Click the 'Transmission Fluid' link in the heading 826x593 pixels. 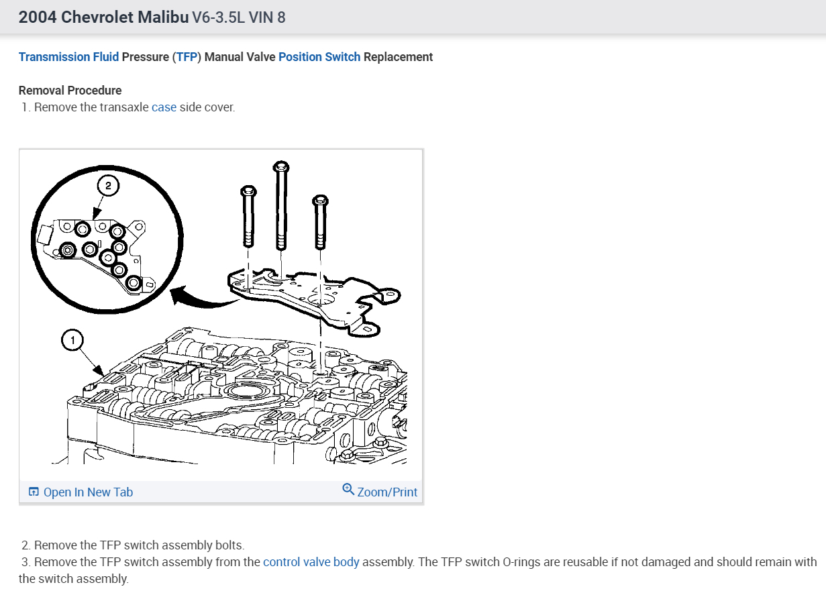[x=68, y=57]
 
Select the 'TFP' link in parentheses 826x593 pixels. [x=187, y=57]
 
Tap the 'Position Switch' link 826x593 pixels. [x=319, y=57]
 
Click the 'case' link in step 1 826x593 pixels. [x=164, y=107]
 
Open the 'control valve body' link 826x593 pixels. [x=311, y=562]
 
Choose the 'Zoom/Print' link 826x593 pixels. [x=387, y=492]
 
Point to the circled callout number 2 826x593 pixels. [x=108, y=185]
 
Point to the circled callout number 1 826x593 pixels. [x=72, y=341]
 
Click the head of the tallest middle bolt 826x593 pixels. [x=280, y=166]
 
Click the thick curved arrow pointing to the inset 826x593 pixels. [x=201, y=298]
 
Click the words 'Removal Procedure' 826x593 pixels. [x=70, y=91]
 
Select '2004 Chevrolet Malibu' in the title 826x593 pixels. [x=103, y=17]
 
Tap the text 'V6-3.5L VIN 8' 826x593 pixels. [x=238, y=17]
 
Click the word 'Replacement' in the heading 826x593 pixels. [x=398, y=57]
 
